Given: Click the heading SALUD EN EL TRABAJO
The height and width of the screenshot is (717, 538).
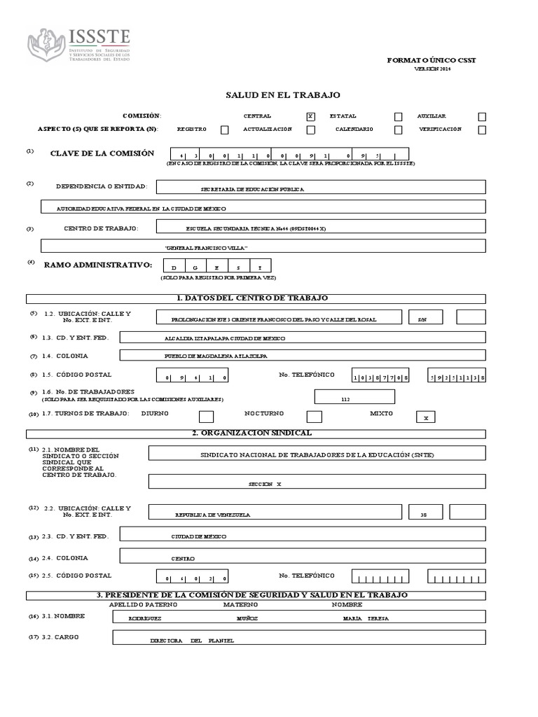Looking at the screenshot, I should coord(282,95).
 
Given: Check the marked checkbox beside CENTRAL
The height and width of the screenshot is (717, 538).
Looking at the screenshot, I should coord(310,116).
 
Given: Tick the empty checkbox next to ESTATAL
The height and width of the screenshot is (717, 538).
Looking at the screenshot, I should coord(398,117).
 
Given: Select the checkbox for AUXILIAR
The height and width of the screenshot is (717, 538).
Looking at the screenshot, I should coord(482,117).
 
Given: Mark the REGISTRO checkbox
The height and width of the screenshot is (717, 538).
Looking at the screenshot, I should coord(224,130).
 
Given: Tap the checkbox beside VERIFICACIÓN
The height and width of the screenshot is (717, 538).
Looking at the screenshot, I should coord(482,130).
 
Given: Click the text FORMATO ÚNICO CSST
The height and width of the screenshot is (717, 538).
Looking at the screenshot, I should coord(432,61).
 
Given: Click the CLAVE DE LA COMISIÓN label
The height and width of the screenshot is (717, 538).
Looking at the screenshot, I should coord(102,153).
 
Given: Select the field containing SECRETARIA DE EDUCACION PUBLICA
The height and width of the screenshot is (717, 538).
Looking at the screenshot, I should coord(321,188).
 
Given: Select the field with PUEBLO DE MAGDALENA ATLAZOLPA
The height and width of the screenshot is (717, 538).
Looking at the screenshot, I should coord(303,356).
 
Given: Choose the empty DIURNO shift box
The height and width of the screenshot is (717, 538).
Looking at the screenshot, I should coord(206,417).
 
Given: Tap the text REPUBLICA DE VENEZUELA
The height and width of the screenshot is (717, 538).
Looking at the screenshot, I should coord(212,515).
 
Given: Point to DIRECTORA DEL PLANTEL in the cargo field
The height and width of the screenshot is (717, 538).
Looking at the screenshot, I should coord(191,640).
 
